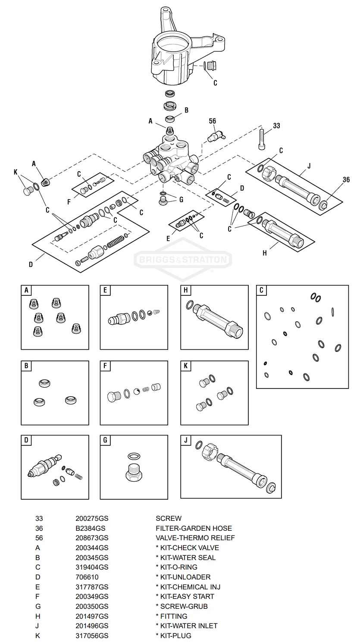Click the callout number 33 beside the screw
tap(276, 126)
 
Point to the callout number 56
tap(212, 121)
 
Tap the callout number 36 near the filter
tap(346, 180)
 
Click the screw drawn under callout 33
tap(262, 140)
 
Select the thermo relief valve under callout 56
tap(215, 136)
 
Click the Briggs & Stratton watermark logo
tap(183, 260)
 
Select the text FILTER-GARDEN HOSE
tap(194, 528)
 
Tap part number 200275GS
tap(92, 518)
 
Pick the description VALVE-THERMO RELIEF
tap(195, 538)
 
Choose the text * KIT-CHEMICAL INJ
tap(188, 587)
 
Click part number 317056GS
tap(92, 636)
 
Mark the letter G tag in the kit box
tap(105, 441)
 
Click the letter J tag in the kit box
tap(186, 441)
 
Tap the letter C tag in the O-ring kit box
tap(262, 290)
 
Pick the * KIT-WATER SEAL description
tap(185, 557)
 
